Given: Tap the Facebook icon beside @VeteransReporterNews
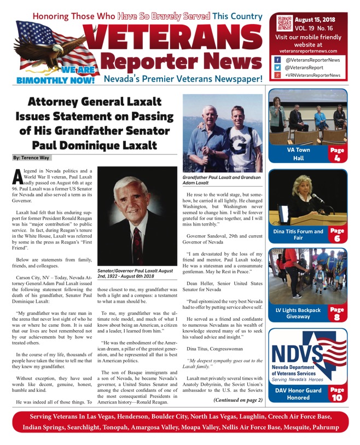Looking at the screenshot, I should (277, 60).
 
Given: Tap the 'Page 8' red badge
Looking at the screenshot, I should (336, 314).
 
